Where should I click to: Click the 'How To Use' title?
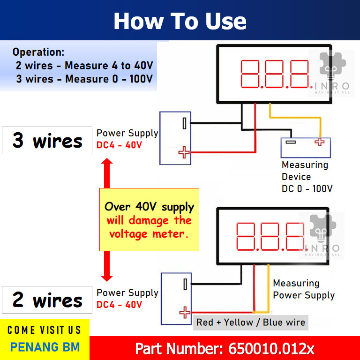pos(180,22)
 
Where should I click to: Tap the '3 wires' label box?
pos(47,140)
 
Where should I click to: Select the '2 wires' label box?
pos(47,300)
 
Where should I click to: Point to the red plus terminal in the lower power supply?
pos(185,312)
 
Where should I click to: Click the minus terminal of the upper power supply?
pos(185,124)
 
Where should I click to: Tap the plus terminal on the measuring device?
pos(320,142)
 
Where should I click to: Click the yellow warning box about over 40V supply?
pos(149,219)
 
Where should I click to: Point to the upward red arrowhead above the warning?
pos(107,163)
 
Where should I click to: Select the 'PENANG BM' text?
pos(45,347)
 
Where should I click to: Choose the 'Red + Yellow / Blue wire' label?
pos(251,322)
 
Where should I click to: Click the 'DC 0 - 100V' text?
pos(307,188)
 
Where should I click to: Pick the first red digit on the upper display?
pos(251,74)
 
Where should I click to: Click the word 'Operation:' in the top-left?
pos(38,52)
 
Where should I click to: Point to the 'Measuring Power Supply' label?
pos(304,289)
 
